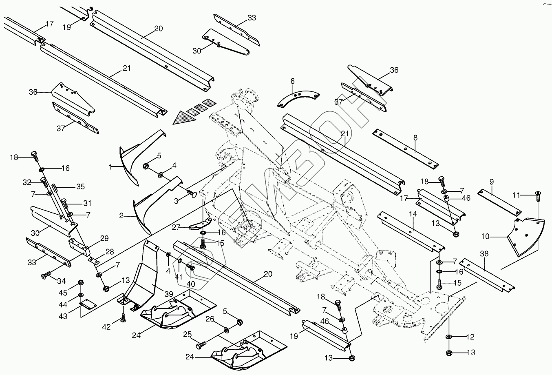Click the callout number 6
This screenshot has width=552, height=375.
(292, 81)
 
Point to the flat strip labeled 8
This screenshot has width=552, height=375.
(406, 149)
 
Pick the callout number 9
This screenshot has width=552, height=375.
(491, 181)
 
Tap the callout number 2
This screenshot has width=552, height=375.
(121, 215)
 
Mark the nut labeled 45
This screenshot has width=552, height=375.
(81, 282)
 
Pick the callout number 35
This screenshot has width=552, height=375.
(80, 187)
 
